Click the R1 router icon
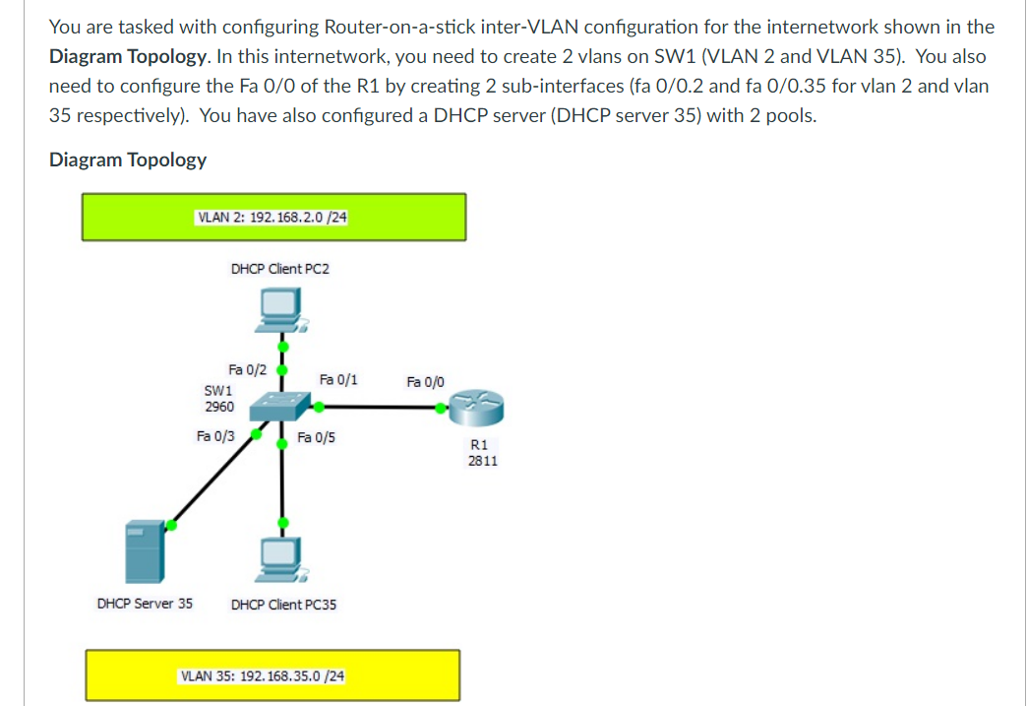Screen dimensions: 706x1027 pos(476,404)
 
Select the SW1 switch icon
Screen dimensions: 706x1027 pos(282,405)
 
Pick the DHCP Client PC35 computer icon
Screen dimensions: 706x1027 pos(282,559)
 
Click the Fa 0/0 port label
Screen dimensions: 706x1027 pos(425,381)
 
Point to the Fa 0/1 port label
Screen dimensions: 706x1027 pos(338,379)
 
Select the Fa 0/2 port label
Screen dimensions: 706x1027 pos(247,370)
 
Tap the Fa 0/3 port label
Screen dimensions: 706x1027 pos(215,435)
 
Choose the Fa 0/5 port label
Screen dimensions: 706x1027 pos(316,437)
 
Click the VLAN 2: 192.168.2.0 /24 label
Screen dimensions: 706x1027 pos(272,217)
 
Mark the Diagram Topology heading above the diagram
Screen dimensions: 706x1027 pos(128,160)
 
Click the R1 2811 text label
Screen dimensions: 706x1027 pos(482,452)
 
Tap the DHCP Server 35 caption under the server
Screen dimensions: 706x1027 pos(145,604)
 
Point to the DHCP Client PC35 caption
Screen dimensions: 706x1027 pos(283,605)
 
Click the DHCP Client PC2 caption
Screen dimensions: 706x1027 pos(280,268)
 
